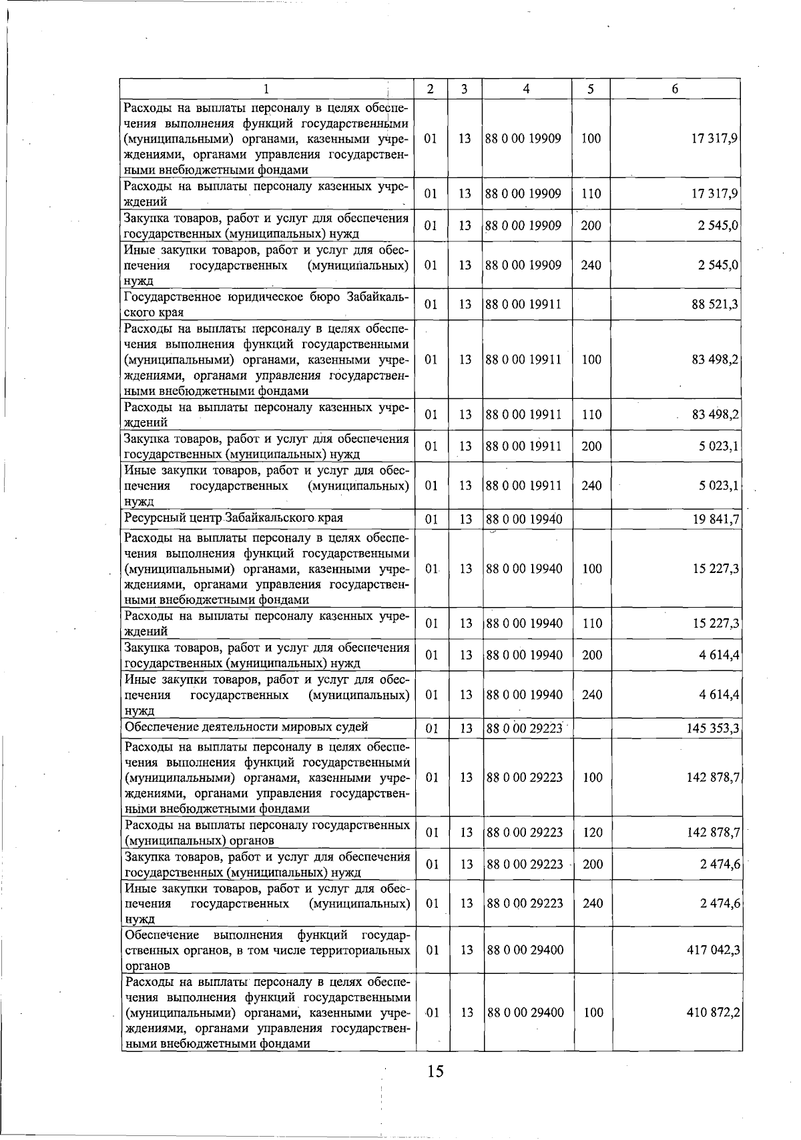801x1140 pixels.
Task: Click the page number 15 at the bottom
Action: (x=435, y=1071)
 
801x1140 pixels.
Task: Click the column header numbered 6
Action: (x=675, y=89)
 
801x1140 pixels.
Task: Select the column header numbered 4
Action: (x=527, y=89)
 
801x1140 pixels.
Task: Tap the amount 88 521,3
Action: (x=715, y=305)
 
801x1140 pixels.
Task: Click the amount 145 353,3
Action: (x=712, y=728)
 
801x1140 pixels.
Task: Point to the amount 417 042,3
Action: (x=713, y=950)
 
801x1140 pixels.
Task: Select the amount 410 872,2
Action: (x=713, y=1013)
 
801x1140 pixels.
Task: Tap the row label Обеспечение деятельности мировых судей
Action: (x=246, y=727)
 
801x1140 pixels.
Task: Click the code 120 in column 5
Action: (x=592, y=832)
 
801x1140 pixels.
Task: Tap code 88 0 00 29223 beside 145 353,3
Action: (x=525, y=728)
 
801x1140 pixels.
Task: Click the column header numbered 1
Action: (x=266, y=89)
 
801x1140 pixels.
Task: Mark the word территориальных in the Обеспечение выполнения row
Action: (x=360, y=950)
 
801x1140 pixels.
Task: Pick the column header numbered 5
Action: (x=591, y=89)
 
